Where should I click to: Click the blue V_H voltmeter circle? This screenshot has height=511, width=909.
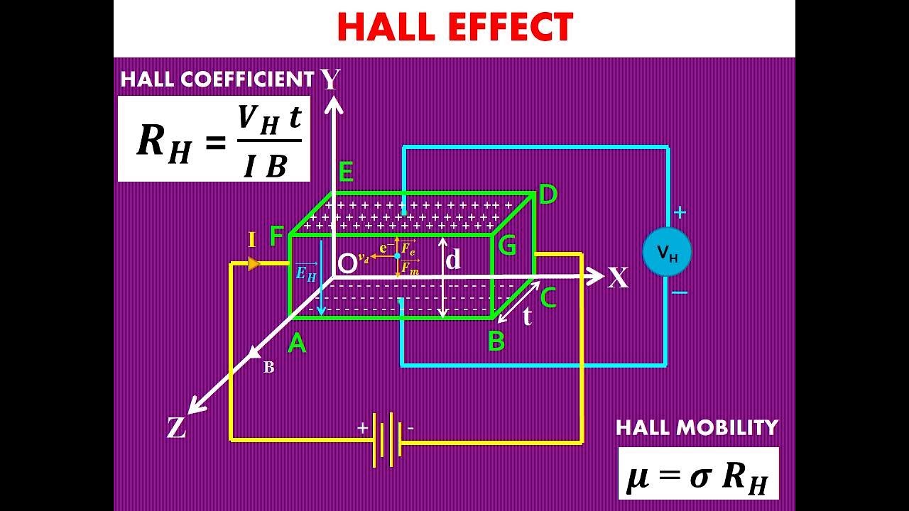667,252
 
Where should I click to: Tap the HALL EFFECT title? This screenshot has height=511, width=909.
455,27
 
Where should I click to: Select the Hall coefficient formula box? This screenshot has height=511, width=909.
214,138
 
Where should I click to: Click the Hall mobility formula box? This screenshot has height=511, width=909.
698,473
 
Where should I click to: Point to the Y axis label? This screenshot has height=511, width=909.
331,79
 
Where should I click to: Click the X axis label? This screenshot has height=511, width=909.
618,278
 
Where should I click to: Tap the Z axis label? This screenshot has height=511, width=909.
177,427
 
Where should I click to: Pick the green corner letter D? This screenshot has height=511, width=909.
548,194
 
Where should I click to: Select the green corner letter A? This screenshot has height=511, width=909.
297,344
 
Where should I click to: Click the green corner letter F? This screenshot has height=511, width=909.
276,236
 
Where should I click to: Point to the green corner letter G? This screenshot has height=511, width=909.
507,245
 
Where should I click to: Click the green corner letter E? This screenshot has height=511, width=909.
345,172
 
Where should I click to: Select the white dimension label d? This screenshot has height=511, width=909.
453,259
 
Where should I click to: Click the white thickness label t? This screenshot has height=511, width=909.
527,316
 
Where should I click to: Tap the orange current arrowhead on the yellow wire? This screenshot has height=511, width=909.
254,263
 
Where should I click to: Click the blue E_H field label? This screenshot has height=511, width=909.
306,273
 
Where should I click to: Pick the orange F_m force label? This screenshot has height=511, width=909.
410,268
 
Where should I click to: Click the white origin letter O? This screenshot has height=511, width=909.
347,264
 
